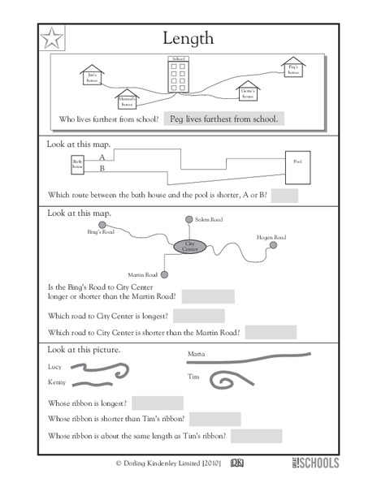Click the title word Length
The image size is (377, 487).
188,37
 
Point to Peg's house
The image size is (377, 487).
292,68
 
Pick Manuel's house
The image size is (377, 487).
127,100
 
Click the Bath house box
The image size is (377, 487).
77,165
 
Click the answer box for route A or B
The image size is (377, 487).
285,196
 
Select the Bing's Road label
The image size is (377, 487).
101,232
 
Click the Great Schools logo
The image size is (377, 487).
314,464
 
